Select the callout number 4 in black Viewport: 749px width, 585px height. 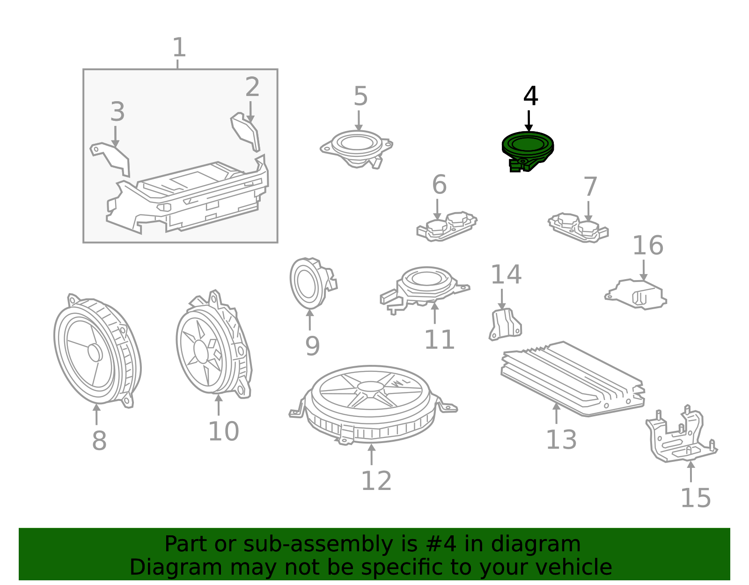pyautogui.click(x=530, y=96)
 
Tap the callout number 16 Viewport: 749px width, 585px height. pyautogui.click(x=648, y=245)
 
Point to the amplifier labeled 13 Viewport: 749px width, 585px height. pyautogui.click(x=573, y=379)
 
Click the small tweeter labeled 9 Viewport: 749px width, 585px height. pyautogui.click(x=312, y=283)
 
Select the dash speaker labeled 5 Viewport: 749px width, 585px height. pyautogui.click(x=357, y=148)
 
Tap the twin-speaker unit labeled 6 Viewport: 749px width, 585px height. pyautogui.click(x=447, y=227)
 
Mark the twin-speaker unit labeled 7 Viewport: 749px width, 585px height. pyautogui.click(x=579, y=228)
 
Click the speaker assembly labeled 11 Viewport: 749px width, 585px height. pyautogui.click(x=425, y=289)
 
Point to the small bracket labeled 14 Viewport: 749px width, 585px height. pyautogui.click(x=505, y=325)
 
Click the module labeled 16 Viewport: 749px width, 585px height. pyautogui.click(x=636, y=295)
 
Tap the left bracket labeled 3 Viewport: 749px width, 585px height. pyautogui.click(x=110, y=159)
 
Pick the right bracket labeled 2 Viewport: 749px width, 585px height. pyautogui.click(x=245, y=132)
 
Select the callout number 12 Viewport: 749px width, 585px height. pyautogui.click(x=376, y=481)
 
